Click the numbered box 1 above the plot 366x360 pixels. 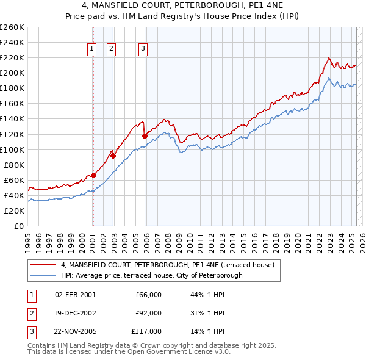coord(92,49)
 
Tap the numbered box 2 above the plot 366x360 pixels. coord(112,49)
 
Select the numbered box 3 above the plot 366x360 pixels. coord(143,49)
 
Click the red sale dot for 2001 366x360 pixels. coord(93,175)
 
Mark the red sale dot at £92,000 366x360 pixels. coord(113,155)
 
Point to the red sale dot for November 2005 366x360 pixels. coord(145,136)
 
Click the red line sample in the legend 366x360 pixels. coord(43,265)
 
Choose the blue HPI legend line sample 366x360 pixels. coord(43,275)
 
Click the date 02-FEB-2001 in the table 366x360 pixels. coord(75,295)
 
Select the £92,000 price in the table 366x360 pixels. coord(148,313)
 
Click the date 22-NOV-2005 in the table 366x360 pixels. coord(75,331)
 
